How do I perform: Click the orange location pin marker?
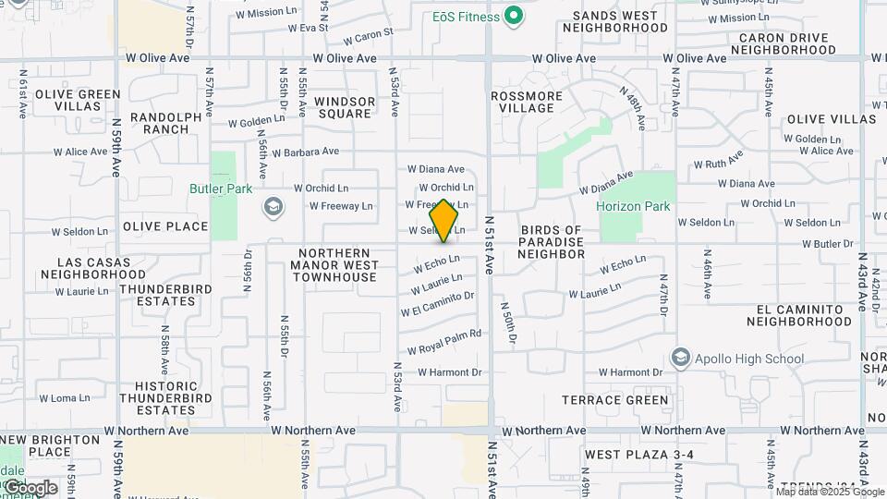[444, 221]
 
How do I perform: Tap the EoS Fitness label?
[466, 17]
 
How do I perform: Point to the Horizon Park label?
[633, 206]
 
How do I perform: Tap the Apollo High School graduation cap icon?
[681, 357]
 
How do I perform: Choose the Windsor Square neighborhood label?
[345, 107]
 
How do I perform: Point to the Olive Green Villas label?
[79, 100]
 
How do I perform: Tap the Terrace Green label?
[615, 400]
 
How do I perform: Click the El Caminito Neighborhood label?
[799, 315]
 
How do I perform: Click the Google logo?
[30, 488]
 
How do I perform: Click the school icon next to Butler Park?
[273, 205]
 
